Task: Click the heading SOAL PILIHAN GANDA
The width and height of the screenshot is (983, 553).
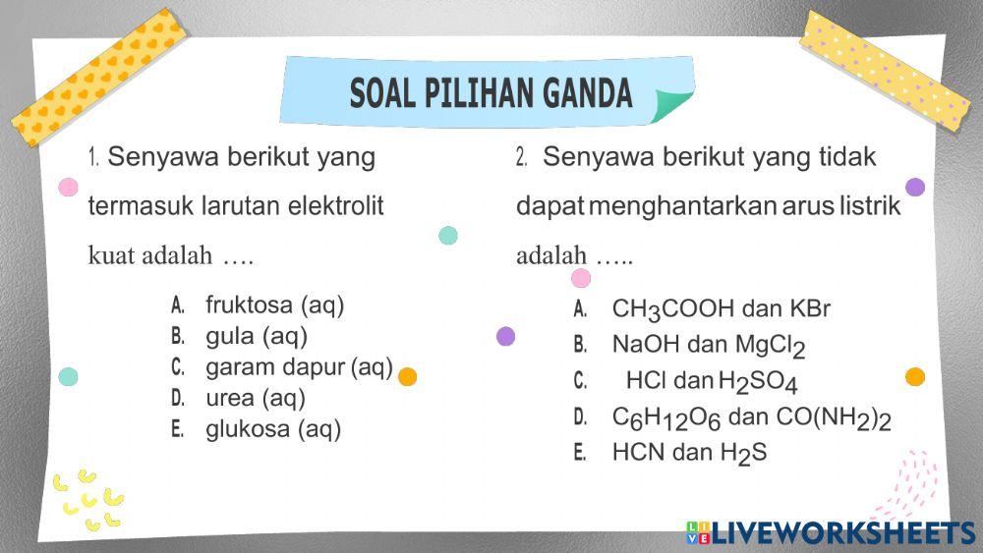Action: tap(491, 93)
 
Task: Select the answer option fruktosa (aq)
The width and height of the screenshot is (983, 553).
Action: tap(274, 305)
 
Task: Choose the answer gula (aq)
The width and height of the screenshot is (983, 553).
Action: tap(257, 337)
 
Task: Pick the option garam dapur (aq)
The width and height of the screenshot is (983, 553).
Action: tap(299, 367)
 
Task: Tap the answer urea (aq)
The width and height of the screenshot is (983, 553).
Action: tap(256, 398)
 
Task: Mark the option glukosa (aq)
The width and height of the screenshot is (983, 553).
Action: tap(273, 429)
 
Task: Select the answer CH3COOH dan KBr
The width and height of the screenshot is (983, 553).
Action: tap(721, 309)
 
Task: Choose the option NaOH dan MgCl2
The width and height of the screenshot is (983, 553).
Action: tap(708, 346)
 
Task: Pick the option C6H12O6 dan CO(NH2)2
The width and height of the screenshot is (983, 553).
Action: tap(751, 417)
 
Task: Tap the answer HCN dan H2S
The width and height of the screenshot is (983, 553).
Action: tap(688, 453)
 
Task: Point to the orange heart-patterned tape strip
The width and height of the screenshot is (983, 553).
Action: tap(98, 76)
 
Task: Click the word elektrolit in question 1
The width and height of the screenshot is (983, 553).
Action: tap(335, 207)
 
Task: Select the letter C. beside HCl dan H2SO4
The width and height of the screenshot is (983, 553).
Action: tap(580, 381)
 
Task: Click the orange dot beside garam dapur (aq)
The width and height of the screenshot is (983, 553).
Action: tap(407, 376)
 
